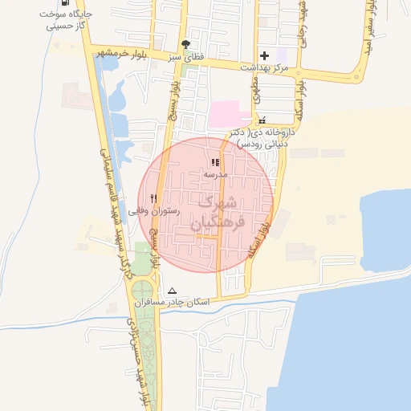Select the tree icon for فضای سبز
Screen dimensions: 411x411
[x=186, y=45]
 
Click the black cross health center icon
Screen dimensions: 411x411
[x=265, y=55]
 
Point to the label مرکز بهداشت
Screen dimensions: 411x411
[x=264, y=70]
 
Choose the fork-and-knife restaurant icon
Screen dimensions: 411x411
[x=153, y=197]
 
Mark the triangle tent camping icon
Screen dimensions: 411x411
[x=171, y=291]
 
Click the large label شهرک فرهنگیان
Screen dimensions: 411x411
[x=211, y=214]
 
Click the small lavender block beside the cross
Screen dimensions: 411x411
[x=281, y=55]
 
